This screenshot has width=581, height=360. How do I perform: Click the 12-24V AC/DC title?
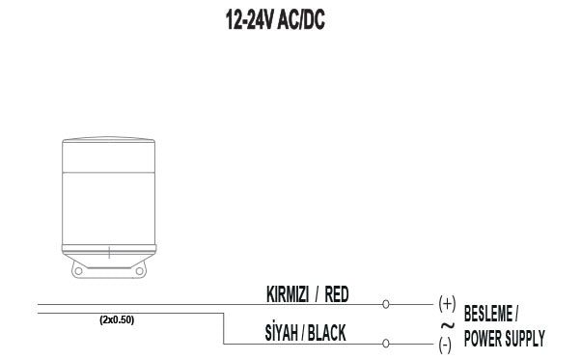coord(275,19)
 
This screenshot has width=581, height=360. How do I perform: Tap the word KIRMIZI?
coord(288,294)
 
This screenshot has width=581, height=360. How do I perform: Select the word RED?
coord(337,294)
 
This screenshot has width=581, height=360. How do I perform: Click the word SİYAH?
coord(282,332)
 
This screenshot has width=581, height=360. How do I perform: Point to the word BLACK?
coord(327,333)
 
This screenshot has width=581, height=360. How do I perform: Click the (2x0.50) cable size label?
coord(117,320)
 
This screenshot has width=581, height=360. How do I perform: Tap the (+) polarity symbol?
coord(447,304)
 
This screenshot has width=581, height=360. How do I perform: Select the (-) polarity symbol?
coord(445,346)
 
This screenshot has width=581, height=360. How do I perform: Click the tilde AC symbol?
coord(448,325)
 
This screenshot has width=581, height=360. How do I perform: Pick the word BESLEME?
coord(488,314)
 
